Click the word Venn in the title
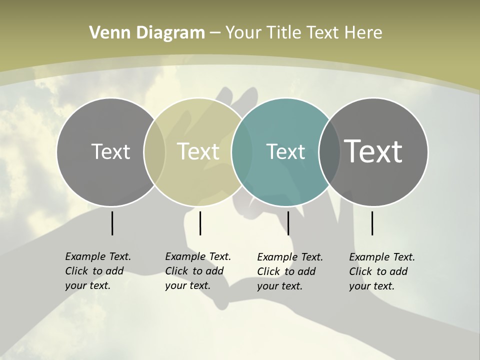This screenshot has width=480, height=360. click(106, 33)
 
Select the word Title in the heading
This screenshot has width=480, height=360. click(284, 33)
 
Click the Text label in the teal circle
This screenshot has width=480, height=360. click(285, 152)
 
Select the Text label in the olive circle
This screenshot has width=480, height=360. click(198, 151)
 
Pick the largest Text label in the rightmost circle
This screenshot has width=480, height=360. click(373, 151)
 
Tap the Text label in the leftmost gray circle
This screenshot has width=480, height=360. click(110, 151)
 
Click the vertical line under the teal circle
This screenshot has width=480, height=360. click(288, 223)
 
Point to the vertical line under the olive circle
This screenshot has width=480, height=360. click(200, 223)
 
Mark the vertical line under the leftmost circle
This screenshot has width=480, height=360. click(112, 223)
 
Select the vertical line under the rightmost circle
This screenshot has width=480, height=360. click(372, 223)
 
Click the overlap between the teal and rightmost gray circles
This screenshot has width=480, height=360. click(328, 152)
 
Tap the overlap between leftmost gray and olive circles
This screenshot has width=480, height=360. click(154, 152)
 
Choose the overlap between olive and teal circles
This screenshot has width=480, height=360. click(241, 152)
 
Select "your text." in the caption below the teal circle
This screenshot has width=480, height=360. click(280, 286)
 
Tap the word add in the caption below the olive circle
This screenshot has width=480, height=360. click(214, 271)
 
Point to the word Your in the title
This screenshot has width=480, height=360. click(244, 33)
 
